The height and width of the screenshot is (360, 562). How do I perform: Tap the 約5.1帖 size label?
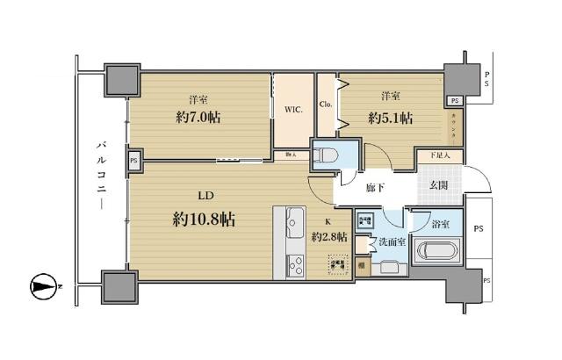pyautogui.click(x=392, y=117)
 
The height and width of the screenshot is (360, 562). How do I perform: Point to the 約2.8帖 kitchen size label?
pyautogui.click(x=329, y=237)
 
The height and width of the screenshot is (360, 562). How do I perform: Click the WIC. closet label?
pyautogui.click(x=293, y=111)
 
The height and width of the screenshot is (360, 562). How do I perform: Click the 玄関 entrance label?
pyautogui.click(x=439, y=184)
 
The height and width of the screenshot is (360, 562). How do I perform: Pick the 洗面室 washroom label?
pyautogui.click(x=391, y=243)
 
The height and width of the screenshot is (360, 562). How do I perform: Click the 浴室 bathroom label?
pyautogui.click(x=442, y=226)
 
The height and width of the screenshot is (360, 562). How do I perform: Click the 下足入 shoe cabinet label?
pyautogui.click(x=439, y=155)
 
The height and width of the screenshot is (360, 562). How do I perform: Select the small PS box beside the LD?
pyautogui.click(x=134, y=161)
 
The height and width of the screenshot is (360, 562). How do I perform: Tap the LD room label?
pyautogui.click(x=204, y=197)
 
